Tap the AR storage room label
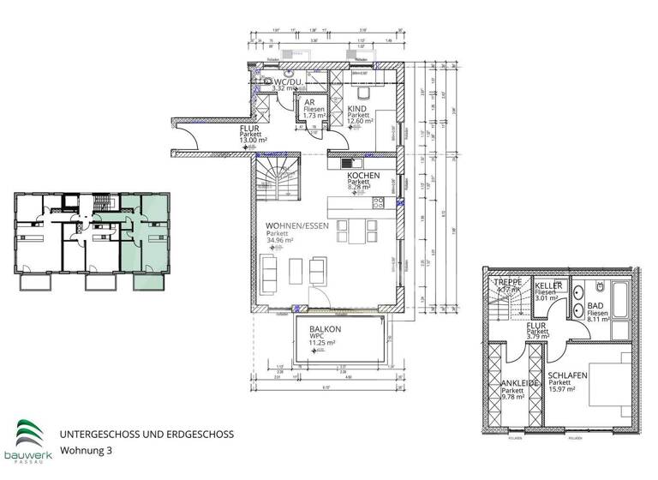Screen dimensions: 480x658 click(x=309, y=102)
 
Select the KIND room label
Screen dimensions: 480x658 click(x=359, y=109)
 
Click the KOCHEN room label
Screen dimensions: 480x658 click(x=362, y=175)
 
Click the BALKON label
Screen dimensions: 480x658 click(x=326, y=329)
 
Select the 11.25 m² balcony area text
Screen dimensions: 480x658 click(x=326, y=342)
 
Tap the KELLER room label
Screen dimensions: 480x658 click(x=548, y=284)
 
